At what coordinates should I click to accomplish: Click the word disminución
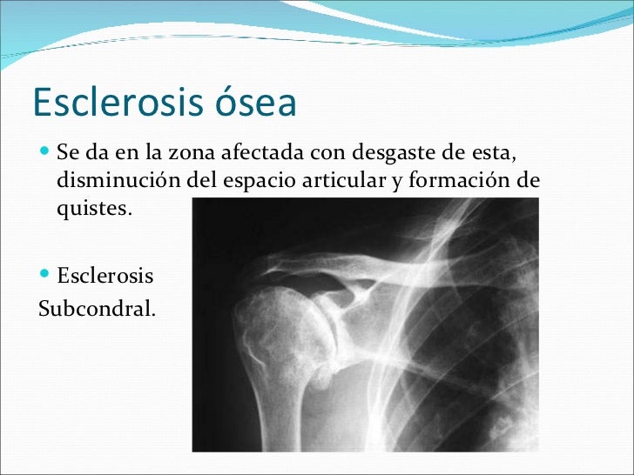pos(117,181)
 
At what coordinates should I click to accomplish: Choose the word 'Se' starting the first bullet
pos(67,155)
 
